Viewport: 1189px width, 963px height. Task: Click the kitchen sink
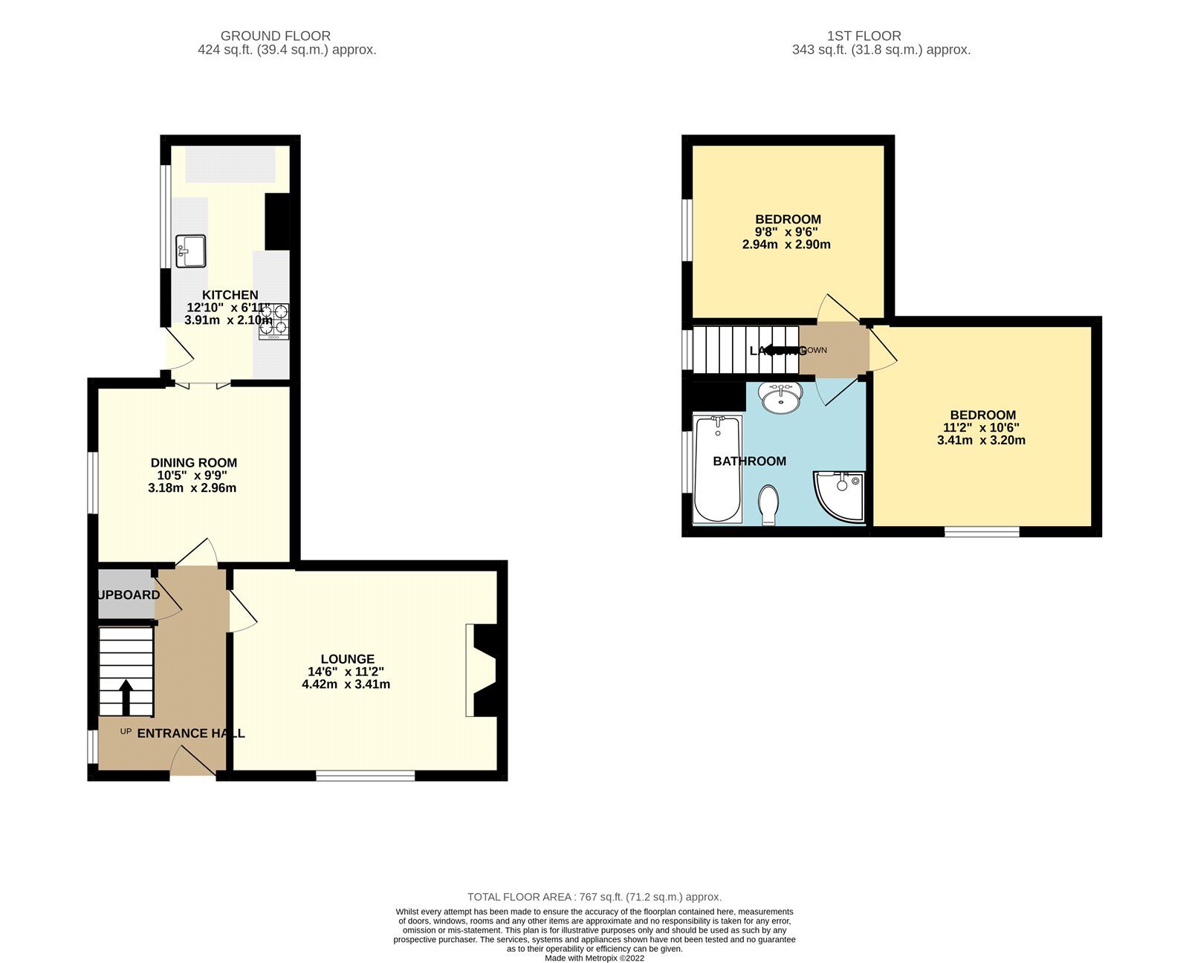191,251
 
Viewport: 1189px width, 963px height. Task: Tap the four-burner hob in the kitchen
273,321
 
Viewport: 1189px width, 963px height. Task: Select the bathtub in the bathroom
717,470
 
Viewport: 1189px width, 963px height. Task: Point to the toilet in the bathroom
768,504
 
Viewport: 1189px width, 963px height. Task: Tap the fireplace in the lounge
483,670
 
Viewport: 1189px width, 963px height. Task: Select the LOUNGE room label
347,659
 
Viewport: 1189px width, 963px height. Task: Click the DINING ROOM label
194,463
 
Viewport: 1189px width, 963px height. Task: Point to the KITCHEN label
230,295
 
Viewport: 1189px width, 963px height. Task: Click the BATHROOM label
749,461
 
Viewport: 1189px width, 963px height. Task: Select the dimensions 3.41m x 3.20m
981,440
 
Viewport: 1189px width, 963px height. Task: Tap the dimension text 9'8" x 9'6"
786,232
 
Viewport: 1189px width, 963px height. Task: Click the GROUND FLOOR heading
276,36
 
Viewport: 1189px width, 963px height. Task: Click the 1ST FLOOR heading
864,36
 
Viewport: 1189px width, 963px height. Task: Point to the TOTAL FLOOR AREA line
594,897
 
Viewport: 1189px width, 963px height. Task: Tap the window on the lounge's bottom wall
365,776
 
